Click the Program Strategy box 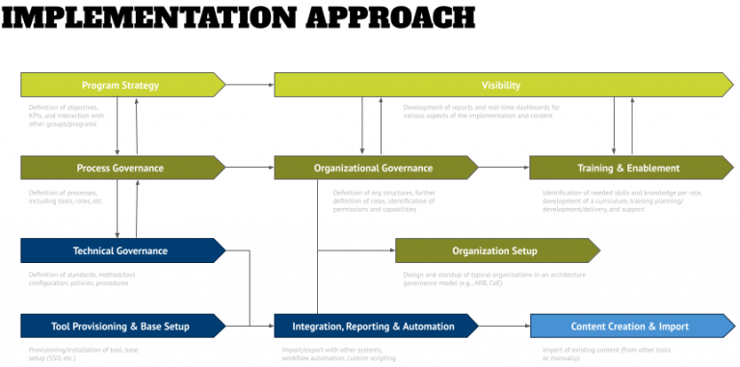pyautogui.click(x=121, y=85)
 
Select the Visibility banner pyautogui.click(x=501, y=85)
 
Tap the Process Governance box pyautogui.click(x=121, y=168)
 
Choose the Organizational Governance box pyautogui.click(x=373, y=168)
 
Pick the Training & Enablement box pyautogui.click(x=628, y=168)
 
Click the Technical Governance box pyautogui.click(x=121, y=250)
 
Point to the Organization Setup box pyautogui.click(x=494, y=250)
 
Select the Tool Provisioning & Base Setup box pyautogui.click(x=121, y=326)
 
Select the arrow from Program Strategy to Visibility pyautogui.click(x=250, y=85)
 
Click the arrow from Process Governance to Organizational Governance pyautogui.click(x=250, y=168)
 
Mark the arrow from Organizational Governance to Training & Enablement pyautogui.click(x=503, y=168)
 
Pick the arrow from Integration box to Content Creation pyautogui.click(x=503, y=326)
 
